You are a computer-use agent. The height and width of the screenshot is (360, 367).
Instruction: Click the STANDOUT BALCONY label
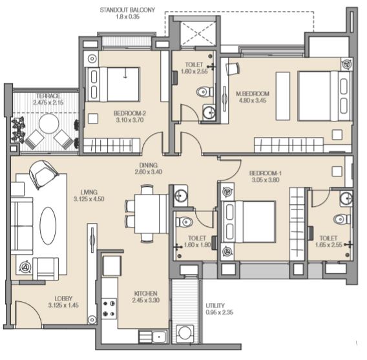point(127,10)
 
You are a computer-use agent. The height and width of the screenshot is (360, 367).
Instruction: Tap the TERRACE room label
point(48,96)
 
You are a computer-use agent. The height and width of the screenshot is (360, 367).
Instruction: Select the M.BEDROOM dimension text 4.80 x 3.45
point(252,100)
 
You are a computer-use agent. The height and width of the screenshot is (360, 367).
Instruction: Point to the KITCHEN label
point(145,293)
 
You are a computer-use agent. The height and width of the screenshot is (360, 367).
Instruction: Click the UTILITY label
point(215,306)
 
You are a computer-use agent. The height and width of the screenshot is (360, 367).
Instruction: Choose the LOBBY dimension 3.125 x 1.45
point(63,305)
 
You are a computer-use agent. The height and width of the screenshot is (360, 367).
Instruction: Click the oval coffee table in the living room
point(48,226)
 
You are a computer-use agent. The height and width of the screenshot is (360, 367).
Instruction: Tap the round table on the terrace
point(49,123)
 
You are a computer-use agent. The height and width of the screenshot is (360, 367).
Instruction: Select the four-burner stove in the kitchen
point(109,308)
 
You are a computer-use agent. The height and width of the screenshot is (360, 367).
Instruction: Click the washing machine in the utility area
point(185,333)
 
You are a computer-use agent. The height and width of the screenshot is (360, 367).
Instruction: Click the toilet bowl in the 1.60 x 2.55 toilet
point(205,92)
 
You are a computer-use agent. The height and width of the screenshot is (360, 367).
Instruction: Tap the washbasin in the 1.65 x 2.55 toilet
point(346,198)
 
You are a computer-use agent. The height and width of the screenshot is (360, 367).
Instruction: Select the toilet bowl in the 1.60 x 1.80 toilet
point(184,222)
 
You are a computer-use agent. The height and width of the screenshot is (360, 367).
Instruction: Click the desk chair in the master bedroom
point(233,69)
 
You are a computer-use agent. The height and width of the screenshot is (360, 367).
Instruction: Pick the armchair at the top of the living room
point(43,174)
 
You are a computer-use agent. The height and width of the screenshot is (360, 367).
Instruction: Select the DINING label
point(148,165)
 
